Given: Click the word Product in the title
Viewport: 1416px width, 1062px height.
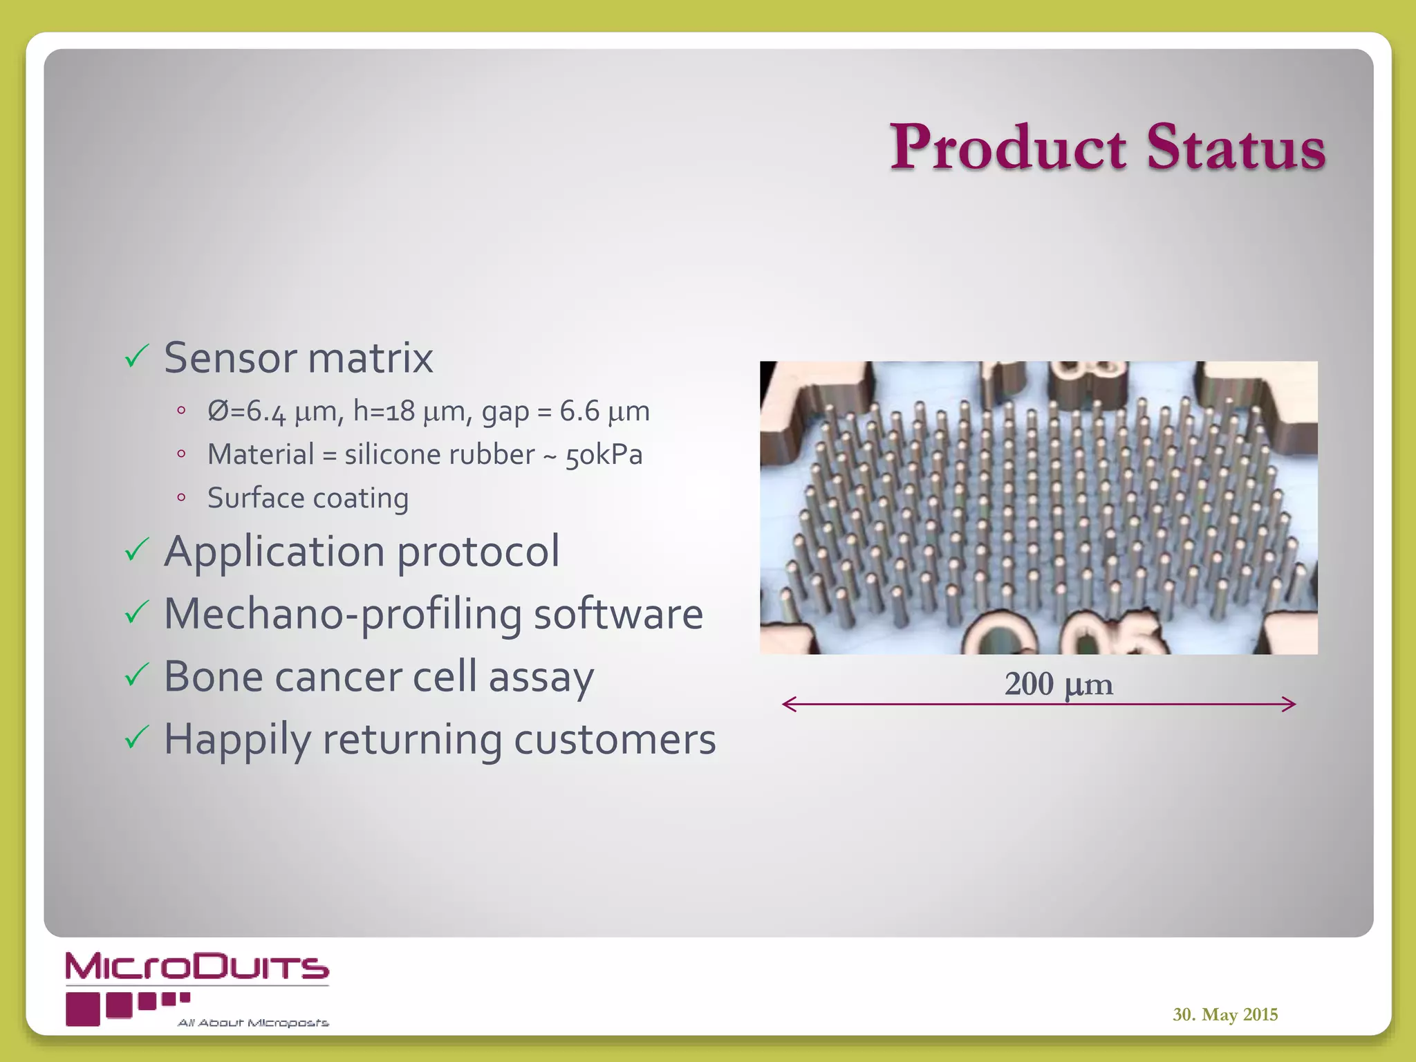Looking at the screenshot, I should [1008, 147].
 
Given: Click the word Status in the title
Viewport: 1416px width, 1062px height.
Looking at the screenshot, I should [1236, 147].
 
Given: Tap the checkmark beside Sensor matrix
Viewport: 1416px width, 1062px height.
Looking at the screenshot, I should [137, 357].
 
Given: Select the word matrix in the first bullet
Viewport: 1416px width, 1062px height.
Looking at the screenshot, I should [370, 358].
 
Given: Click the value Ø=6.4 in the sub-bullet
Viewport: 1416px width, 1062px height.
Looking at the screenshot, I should [246, 411].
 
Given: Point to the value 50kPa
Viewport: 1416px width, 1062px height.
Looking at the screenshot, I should [604, 456].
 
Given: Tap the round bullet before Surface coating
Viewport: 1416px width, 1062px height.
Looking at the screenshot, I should [181, 497].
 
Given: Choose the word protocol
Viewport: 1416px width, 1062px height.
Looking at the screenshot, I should [478, 552].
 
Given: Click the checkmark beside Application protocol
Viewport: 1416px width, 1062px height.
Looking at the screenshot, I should [137, 550].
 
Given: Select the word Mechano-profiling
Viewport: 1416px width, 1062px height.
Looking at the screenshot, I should [342, 614].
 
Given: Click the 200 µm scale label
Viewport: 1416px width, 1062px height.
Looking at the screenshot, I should [1059, 684].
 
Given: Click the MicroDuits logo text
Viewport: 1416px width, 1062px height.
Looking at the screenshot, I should [197, 967].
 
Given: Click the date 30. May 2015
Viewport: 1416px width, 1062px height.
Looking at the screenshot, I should [1224, 1014].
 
